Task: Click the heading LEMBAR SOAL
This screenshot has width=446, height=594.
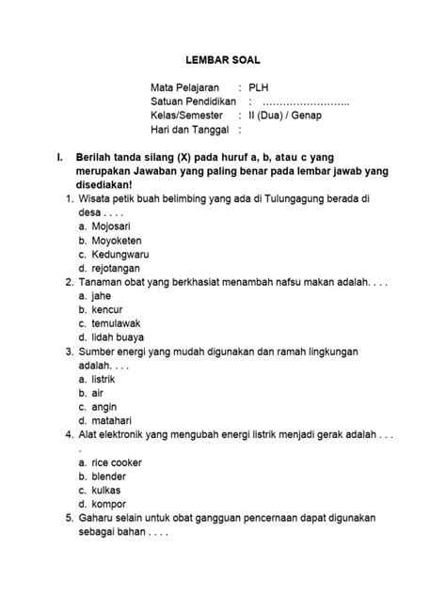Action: pyautogui.click(x=222, y=58)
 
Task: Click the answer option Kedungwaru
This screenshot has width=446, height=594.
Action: pyautogui.click(x=121, y=255)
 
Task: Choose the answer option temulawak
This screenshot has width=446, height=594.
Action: pyautogui.click(x=117, y=323)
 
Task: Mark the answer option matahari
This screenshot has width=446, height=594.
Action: pyautogui.click(x=111, y=421)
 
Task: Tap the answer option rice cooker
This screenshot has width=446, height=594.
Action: pyautogui.click(x=117, y=463)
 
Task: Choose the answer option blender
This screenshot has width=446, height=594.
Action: pyautogui.click(x=110, y=477)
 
